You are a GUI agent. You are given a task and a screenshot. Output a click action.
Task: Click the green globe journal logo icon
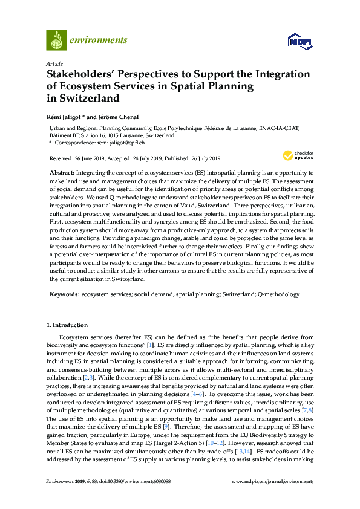(x=57, y=40)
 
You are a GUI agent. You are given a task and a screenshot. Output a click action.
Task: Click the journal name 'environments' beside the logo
(x=99, y=41)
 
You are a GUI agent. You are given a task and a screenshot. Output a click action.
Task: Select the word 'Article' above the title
(x=53, y=63)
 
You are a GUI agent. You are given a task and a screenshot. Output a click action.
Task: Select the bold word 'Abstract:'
(x=63, y=173)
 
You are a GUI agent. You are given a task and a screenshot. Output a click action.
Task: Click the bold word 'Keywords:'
(x=65, y=294)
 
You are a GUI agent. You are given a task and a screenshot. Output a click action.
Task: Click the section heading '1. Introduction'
(x=67, y=325)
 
